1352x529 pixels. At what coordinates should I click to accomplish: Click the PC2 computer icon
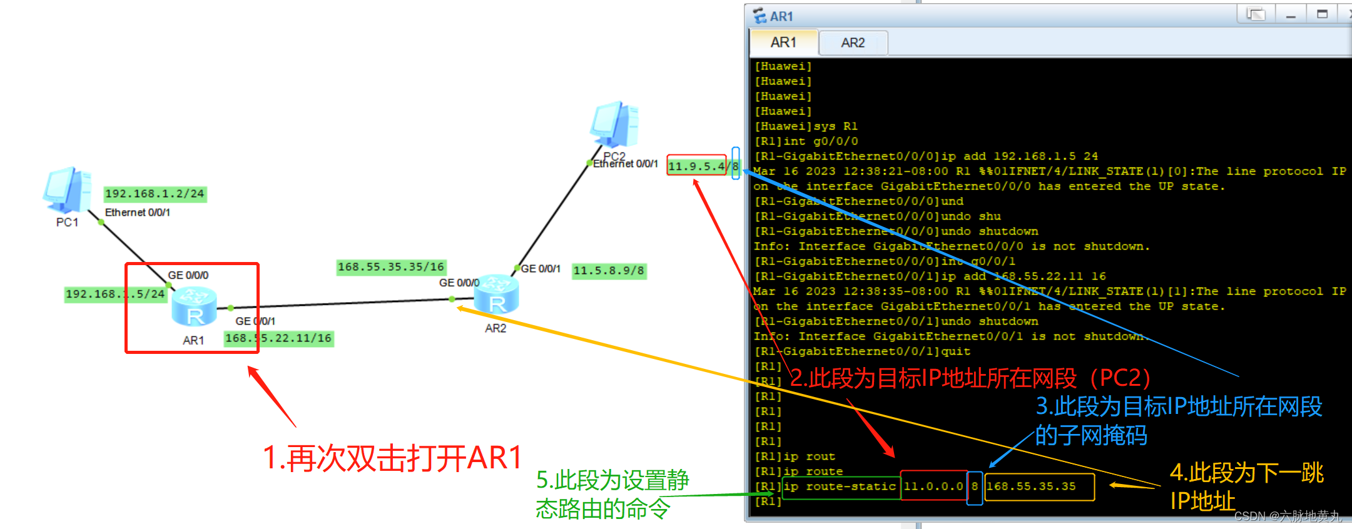pyautogui.click(x=614, y=124)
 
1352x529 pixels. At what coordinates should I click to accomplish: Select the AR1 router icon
pyautogui.click(x=194, y=306)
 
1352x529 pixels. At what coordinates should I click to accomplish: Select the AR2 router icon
pyautogui.click(x=496, y=294)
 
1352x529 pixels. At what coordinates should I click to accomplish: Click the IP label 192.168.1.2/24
pyautogui.click(x=155, y=194)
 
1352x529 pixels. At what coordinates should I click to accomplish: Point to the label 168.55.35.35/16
pyautogui.click(x=391, y=267)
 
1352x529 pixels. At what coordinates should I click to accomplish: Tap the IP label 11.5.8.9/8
pyautogui.click(x=609, y=271)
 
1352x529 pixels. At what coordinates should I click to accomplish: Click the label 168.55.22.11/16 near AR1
pyautogui.click(x=278, y=338)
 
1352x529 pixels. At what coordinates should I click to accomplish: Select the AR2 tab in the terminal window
pyautogui.click(x=853, y=43)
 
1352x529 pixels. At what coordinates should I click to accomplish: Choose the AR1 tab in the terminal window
pyautogui.click(x=783, y=43)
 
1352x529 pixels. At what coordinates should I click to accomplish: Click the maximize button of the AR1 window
pyautogui.click(x=1322, y=14)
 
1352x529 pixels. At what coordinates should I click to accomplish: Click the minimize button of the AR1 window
pyautogui.click(x=1290, y=14)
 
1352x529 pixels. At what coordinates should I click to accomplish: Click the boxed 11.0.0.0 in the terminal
pyautogui.click(x=933, y=486)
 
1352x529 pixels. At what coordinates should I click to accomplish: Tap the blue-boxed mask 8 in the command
pyautogui.click(x=974, y=486)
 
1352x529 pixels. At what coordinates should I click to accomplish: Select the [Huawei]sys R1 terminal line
pyautogui.click(x=806, y=126)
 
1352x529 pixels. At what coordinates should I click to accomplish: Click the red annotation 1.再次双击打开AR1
pyautogui.click(x=392, y=458)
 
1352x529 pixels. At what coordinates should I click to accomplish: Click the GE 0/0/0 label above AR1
pyautogui.click(x=188, y=275)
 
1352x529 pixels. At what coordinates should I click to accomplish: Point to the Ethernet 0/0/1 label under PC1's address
pyautogui.click(x=138, y=213)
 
